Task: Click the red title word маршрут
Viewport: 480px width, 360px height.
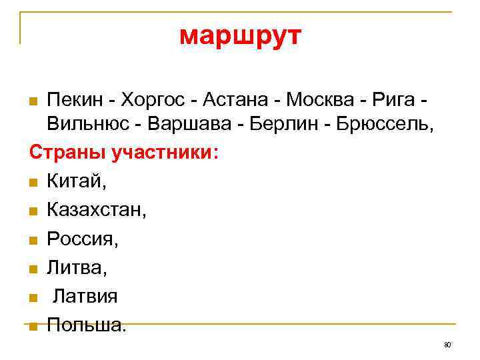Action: tap(240, 37)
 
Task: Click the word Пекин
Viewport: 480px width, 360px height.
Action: tap(73, 100)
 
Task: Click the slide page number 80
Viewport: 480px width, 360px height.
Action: tap(447, 345)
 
